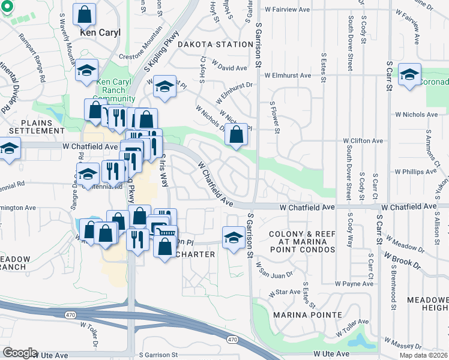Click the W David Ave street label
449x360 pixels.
point(230,68)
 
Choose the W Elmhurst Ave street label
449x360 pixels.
point(289,76)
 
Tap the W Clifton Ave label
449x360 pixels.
point(363,141)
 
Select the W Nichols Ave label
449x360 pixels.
point(416,114)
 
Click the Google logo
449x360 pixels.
point(20,353)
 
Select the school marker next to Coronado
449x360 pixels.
point(410,74)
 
